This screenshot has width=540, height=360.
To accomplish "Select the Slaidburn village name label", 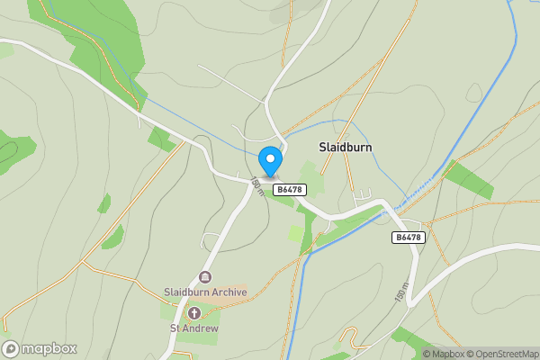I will (x=346, y=147).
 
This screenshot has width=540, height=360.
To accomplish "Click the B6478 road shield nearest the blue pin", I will (x=289, y=189).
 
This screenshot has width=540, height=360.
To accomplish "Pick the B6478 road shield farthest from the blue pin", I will (x=408, y=238).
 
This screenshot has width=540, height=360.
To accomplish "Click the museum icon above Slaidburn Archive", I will (x=204, y=277).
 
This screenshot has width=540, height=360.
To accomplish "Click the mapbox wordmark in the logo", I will (x=49, y=348).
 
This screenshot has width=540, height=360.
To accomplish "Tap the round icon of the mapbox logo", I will (x=11, y=348).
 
